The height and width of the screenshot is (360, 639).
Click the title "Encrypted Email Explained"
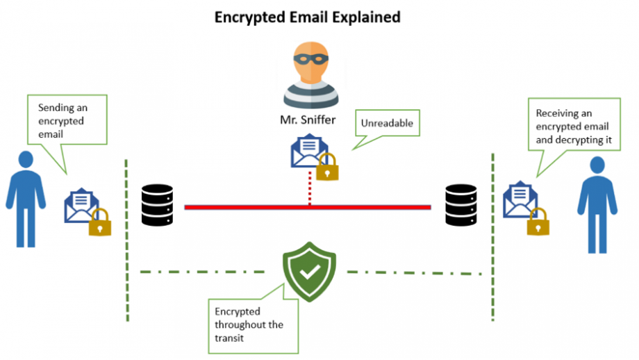tap(307, 17)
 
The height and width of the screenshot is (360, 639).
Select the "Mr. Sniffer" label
tap(308, 120)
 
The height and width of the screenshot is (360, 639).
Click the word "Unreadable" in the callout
tap(387, 123)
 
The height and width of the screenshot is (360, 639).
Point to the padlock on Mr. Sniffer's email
tap(327, 167)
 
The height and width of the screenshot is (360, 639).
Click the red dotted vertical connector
tap(310, 188)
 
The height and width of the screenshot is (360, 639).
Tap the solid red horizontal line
tap(308, 208)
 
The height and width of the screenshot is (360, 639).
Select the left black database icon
tap(157, 205)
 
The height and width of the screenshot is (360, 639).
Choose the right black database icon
tap(461, 205)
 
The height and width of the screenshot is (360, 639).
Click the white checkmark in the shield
tap(310, 272)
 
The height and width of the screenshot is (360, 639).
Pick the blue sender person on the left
tap(26, 199)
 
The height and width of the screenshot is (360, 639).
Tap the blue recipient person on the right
tap(597, 205)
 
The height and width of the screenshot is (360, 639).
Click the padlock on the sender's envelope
tap(100, 222)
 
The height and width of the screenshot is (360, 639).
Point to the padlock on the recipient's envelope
tap(538, 222)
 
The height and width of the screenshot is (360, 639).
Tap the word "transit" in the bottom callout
tap(229, 338)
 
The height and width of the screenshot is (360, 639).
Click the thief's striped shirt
tap(311, 95)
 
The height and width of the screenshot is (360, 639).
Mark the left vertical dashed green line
tap(126, 240)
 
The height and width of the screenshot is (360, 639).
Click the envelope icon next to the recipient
tap(520, 199)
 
